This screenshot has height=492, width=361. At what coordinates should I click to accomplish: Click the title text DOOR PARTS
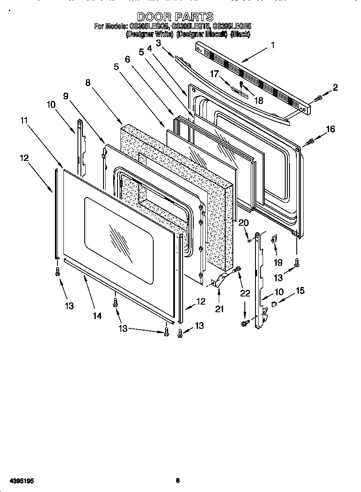tap(175, 17)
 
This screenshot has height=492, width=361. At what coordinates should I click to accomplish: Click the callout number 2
tap(335, 88)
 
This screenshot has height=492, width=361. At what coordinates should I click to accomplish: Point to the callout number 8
tap(88, 83)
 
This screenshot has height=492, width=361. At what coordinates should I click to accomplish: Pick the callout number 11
tap(24, 121)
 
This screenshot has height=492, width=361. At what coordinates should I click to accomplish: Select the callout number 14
tap(97, 316)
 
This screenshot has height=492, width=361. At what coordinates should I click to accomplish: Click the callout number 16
tap(330, 129)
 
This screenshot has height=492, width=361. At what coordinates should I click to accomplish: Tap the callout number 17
tap(214, 74)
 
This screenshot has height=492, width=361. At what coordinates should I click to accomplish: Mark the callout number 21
tap(219, 309)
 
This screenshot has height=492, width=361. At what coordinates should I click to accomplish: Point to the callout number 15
tap(300, 291)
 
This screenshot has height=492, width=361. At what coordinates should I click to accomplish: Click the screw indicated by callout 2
tap(317, 99)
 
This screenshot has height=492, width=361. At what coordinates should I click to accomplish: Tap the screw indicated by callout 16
tap(310, 140)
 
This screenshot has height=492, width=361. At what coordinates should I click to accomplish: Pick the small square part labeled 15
tap(275, 304)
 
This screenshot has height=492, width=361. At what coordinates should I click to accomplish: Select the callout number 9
tap(66, 96)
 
